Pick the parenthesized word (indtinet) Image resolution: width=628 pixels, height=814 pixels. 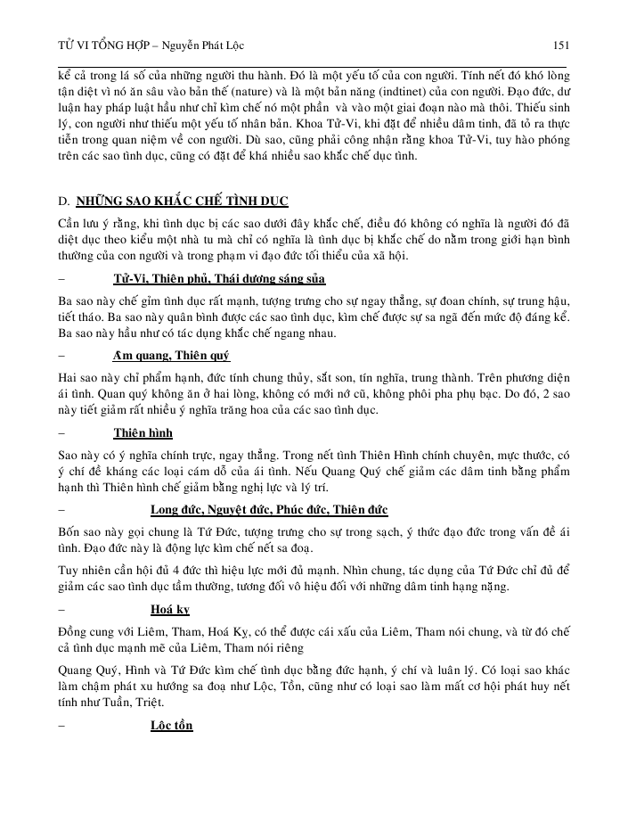pyautogui.click(x=398, y=102)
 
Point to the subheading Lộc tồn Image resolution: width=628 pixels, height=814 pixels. pyautogui.click(x=171, y=727)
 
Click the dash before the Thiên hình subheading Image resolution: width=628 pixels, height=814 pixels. pyautogui.click(x=60, y=433)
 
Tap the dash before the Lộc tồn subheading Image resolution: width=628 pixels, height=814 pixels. pyautogui.click(x=60, y=727)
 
